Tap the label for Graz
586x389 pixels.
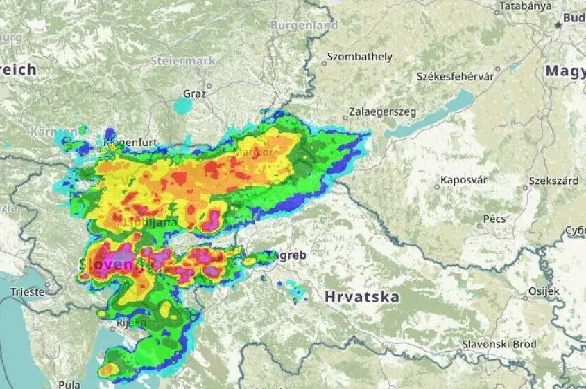coord(194,93)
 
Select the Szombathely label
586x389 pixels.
coord(359,57)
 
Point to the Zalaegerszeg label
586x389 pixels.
coord(381,111)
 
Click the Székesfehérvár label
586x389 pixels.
coord(455,76)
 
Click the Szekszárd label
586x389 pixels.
coord(553,181)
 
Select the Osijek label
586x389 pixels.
coord(543,291)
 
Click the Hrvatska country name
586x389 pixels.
coord(362,297)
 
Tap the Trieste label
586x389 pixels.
coord(28,292)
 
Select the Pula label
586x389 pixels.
coord(69,384)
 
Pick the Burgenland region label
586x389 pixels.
coord(304,26)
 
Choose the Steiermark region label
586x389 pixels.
coord(183,61)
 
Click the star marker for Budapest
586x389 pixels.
coord(558,24)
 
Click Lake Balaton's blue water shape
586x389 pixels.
coord(430,119)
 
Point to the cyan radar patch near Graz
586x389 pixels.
coord(182,106)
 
